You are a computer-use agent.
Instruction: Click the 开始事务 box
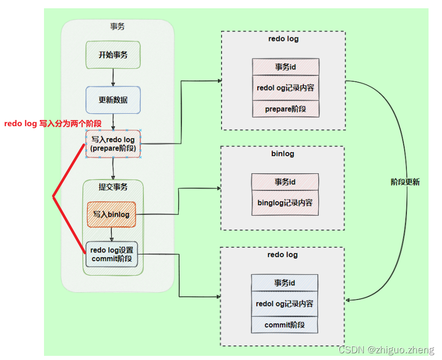pyautogui.click(x=113, y=55)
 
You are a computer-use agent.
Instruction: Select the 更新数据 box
pyautogui.click(x=113, y=100)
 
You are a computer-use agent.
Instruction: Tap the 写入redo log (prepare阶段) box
pyautogui.click(x=113, y=144)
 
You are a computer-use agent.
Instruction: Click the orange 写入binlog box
pyautogui.click(x=111, y=214)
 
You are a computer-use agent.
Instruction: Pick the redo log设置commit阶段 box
pyautogui.click(x=111, y=254)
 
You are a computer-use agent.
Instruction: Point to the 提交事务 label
pyautogui.click(x=113, y=187)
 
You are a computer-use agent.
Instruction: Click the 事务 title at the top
pyautogui.click(x=117, y=27)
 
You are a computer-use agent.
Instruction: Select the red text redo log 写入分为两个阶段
pyautogui.click(x=52, y=124)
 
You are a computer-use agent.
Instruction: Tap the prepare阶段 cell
pyautogui.click(x=285, y=109)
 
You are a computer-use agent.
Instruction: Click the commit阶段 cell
pyautogui.click(x=284, y=325)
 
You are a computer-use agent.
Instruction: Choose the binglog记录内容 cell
pyautogui.click(x=285, y=203)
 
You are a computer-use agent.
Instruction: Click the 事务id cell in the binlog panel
pyautogui.click(x=285, y=182)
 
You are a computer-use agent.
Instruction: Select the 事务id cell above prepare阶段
pyautogui.click(x=285, y=67)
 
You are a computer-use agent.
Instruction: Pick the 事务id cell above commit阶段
pyautogui.click(x=284, y=283)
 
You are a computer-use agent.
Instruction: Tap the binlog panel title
pyautogui.click(x=282, y=154)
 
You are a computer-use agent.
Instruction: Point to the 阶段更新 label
pyautogui.click(x=405, y=182)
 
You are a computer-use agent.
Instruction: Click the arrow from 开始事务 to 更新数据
pyautogui.click(x=113, y=77)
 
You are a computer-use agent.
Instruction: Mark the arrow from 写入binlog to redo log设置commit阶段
pyautogui.click(x=111, y=235)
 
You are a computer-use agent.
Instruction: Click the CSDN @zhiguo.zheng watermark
pyautogui.click(x=386, y=350)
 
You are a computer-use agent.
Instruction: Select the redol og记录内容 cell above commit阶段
pyautogui.click(x=284, y=304)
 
